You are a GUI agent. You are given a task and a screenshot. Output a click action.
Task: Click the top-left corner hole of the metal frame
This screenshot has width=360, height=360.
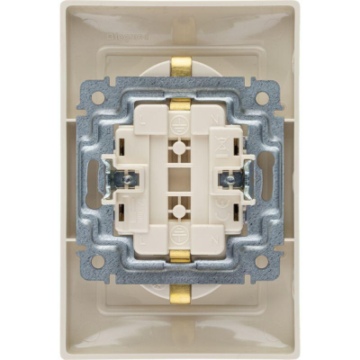[98, 96]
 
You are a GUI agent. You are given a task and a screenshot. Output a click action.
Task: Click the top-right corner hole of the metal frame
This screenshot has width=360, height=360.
[262, 96]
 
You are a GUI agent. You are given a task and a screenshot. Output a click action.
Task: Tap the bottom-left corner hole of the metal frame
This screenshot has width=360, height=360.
[98, 262]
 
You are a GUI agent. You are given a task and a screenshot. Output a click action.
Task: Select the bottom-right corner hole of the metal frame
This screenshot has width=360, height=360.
[262, 262]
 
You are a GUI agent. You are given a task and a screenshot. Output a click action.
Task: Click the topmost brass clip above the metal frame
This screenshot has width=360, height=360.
[180, 66]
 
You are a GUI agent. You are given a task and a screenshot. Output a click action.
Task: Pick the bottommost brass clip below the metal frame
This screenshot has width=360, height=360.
[180, 294]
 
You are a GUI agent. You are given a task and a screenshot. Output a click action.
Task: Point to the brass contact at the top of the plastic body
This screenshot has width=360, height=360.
[180, 105]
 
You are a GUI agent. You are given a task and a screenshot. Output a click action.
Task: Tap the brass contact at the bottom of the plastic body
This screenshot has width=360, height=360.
[180, 256]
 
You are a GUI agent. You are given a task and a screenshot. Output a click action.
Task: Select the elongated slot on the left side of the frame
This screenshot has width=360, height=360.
[94, 180]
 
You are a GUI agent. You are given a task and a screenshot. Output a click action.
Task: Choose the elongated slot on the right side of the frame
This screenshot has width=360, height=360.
[266, 180]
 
